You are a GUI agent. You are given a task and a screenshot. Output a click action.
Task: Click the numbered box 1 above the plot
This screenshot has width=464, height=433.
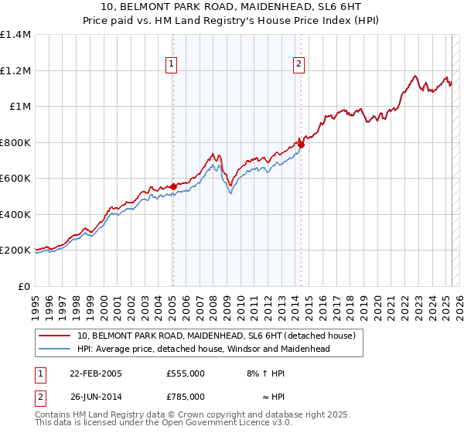pyautogui.click(x=170, y=65)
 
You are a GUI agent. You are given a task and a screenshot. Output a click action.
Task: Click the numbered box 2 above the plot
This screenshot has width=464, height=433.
pyautogui.click(x=299, y=65)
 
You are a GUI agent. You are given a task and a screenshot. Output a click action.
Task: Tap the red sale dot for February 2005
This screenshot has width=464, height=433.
pyautogui.click(x=174, y=186)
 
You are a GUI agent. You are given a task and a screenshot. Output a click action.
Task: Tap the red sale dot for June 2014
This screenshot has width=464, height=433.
pyautogui.click(x=302, y=145)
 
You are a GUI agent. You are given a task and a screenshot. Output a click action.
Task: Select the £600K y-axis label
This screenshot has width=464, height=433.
pyautogui.click(x=15, y=179)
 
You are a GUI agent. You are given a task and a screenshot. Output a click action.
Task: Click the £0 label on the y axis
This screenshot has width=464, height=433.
pyautogui.click(x=23, y=286)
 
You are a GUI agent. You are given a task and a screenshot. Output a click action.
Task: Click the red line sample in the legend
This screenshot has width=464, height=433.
pyautogui.click(x=56, y=336)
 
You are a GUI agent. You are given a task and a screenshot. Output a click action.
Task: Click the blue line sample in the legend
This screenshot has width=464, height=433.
pyautogui.click(x=56, y=349)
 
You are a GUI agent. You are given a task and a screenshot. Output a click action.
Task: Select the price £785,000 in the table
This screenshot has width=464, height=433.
pyautogui.click(x=186, y=397)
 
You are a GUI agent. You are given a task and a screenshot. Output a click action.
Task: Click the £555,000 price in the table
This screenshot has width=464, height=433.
pyautogui.click(x=186, y=373)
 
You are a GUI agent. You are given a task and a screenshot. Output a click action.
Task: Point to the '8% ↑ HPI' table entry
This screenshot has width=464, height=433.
pyautogui.click(x=265, y=373)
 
